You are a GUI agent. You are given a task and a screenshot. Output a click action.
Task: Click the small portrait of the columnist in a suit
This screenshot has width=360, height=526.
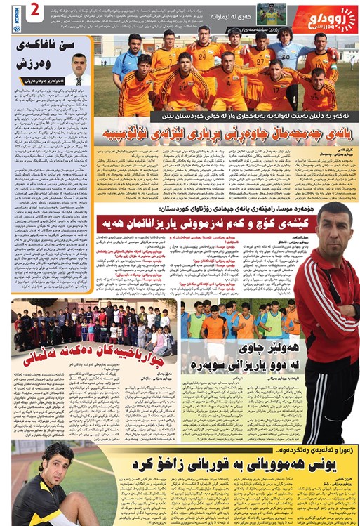[x=79, y=68]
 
